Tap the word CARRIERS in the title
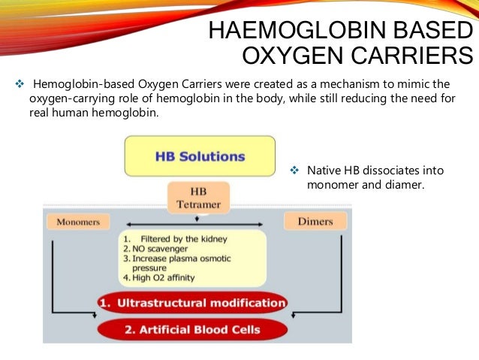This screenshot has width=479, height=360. tap(410, 57)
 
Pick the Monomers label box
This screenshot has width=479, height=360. tap(77, 222)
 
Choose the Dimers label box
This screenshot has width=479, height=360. tap(315, 222)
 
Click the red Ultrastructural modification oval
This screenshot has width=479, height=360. tap(192, 304)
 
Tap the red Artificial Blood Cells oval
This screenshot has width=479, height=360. tap(192, 330)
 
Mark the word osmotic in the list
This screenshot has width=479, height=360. tap(213, 259)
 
